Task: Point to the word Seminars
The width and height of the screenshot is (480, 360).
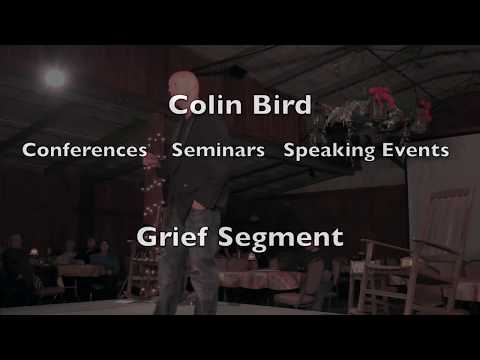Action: click(x=218, y=151)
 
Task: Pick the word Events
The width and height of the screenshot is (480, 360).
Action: click(x=415, y=151)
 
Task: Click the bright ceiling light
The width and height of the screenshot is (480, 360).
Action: click(x=56, y=77)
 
